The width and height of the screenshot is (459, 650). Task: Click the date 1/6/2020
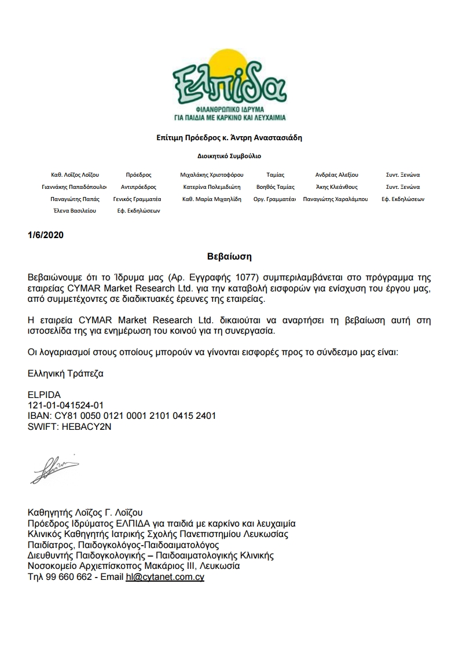46,235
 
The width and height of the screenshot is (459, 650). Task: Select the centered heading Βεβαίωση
229,255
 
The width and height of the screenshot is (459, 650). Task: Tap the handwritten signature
54,470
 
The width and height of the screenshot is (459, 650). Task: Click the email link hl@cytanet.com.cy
165,577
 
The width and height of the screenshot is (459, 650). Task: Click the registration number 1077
208,276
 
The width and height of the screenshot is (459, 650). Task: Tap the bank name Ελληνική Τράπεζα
65,374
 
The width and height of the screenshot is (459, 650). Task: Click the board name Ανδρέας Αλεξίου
337,174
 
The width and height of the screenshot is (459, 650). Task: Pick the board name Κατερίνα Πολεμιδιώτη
212,187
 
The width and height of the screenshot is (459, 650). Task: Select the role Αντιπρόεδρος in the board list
138,187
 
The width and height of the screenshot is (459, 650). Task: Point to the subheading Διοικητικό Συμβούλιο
229,156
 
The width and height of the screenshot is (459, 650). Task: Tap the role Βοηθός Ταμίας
276,187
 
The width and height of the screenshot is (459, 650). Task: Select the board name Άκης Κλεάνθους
337,187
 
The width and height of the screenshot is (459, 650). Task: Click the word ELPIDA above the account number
44,395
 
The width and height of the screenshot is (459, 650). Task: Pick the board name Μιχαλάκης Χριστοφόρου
212,174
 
